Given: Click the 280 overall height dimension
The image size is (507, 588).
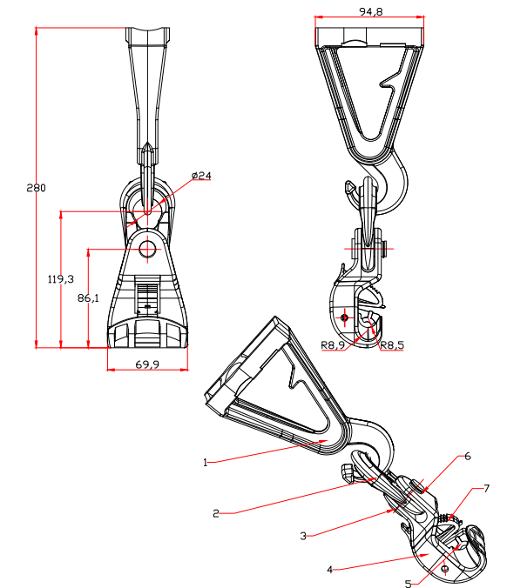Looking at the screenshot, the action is [36, 188].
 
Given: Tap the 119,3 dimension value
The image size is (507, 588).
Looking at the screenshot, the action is [61, 279].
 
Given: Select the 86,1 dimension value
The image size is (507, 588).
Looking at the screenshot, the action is [88, 298].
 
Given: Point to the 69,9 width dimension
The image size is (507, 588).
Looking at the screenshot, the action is [147, 364].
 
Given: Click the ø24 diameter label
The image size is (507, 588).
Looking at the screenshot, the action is [201, 175].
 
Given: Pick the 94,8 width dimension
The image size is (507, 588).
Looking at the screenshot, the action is [371, 11].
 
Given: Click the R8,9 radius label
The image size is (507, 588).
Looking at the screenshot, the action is [333, 345].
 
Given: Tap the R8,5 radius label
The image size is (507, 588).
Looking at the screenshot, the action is [392, 345].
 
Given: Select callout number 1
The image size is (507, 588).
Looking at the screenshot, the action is [205, 463].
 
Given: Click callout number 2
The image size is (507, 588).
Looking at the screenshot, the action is [215, 513].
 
